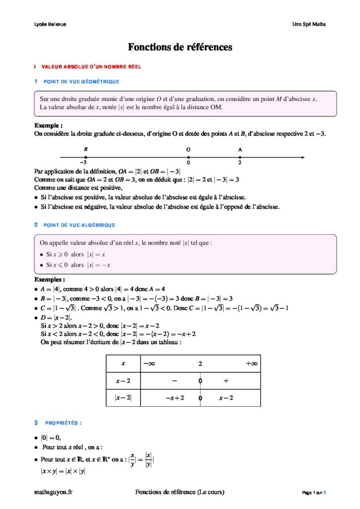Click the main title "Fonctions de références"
pos(180,48)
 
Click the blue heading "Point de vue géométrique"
pos(81,82)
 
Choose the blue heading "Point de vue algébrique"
pos(80,225)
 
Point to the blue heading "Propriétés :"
pos(63,423)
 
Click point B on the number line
pos(86,158)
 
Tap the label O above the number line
pos(188,149)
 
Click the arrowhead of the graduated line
pos(302,158)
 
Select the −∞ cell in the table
pos(149,364)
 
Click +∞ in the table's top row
pos(252,364)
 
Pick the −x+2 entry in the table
pos(175,398)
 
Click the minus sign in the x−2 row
pos(175,381)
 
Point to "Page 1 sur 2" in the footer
pos(314,493)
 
